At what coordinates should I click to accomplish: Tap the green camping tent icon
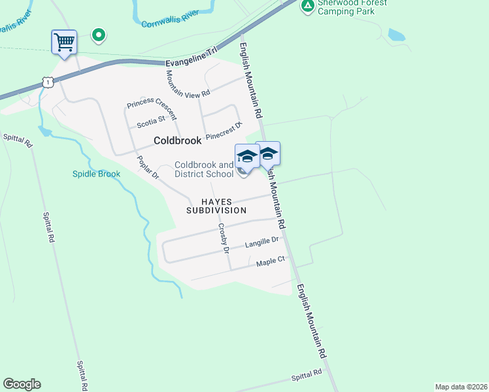click(x=307, y=6)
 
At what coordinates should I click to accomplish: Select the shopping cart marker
click(x=64, y=42)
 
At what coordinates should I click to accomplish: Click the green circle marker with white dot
click(x=98, y=35)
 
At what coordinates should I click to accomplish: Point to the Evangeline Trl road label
click(x=190, y=62)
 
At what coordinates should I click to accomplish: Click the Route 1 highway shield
click(x=46, y=82)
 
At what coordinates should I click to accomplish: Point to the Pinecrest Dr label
click(x=224, y=131)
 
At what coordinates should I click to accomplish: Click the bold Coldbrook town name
click(x=177, y=140)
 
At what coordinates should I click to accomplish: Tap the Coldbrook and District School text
click(x=204, y=169)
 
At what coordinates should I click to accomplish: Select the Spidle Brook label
click(x=96, y=174)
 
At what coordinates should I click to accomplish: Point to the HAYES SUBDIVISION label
click(x=216, y=206)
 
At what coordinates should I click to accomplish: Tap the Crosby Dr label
click(x=224, y=238)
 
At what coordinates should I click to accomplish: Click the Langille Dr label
click(x=261, y=242)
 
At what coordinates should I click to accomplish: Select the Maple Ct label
click(x=271, y=261)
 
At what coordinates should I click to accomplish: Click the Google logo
click(x=22, y=384)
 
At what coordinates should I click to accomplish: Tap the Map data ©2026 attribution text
click(x=461, y=386)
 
